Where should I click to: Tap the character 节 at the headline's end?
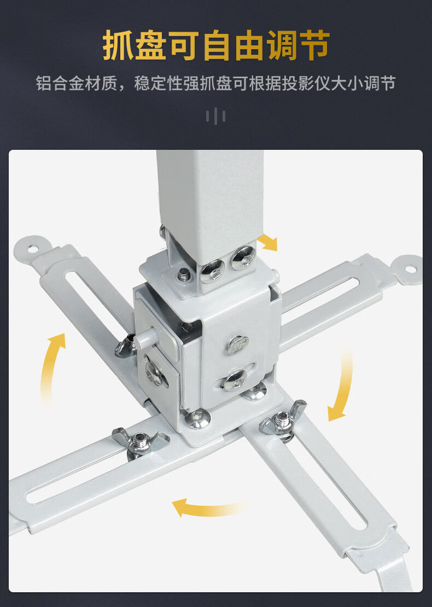coord(314,46)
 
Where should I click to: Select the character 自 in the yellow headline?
coord(216,46)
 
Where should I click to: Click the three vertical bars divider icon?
coord(215,116)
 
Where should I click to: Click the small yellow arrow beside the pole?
coord(268,242)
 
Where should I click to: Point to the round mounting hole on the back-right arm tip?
coord(409,268)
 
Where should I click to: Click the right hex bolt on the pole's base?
coord(244,258)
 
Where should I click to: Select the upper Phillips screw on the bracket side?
coord(237,346)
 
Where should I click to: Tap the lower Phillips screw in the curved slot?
coord(235,380)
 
